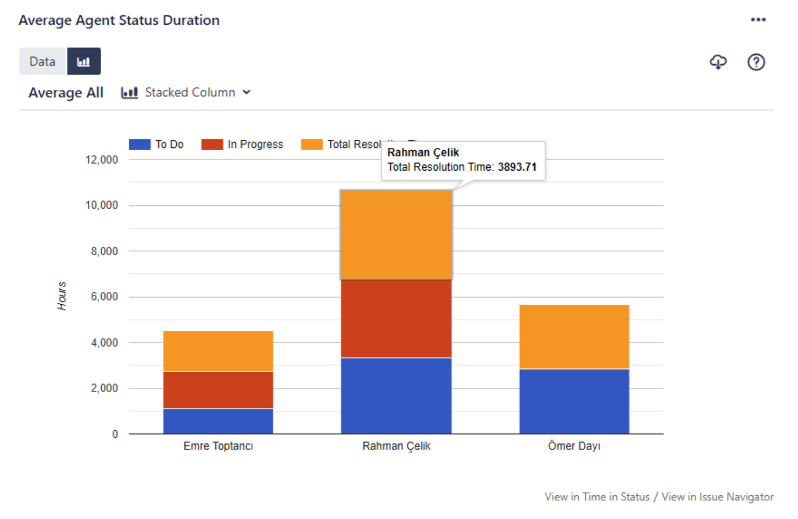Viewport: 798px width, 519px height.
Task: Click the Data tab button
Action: click(x=43, y=61)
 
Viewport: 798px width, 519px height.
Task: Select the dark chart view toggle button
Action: click(x=83, y=61)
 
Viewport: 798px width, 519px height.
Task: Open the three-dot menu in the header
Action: click(x=758, y=20)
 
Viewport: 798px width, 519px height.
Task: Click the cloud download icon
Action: click(x=718, y=62)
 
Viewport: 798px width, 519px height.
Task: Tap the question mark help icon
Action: click(x=756, y=62)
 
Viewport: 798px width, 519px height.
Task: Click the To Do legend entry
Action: click(x=157, y=145)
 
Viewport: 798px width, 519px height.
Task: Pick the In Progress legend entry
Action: click(x=243, y=145)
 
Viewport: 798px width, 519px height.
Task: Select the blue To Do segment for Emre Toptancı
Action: click(x=218, y=421)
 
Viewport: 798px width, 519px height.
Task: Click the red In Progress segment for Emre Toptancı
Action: click(x=218, y=390)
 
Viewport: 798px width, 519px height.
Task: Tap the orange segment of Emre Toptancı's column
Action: click(x=218, y=351)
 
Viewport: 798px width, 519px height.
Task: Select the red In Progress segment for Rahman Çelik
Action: click(x=396, y=319)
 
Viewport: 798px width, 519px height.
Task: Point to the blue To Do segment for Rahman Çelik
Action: click(x=396, y=395)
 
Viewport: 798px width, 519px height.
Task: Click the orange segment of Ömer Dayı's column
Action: click(x=574, y=337)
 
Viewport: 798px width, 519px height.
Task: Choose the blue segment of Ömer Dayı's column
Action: click(x=574, y=401)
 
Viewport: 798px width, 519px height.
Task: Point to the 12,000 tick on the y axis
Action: click(x=102, y=160)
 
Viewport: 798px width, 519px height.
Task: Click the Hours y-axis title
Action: click(x=62, y=296)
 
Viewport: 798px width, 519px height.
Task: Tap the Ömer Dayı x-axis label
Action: click(x=574, y=446)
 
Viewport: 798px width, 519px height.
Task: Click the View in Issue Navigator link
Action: click(x=717, y=497)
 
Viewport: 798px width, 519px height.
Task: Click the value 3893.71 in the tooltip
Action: click(x=517, y=167)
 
